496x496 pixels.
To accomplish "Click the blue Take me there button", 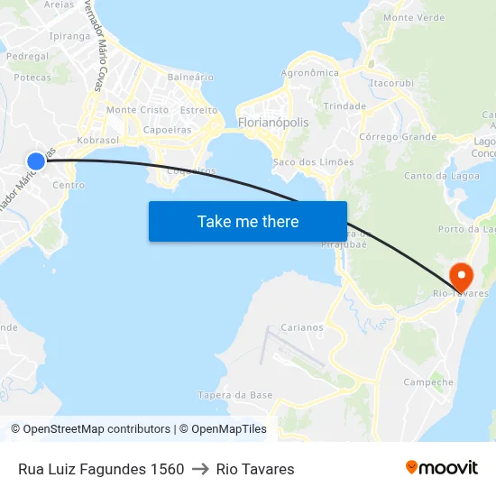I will click(248, 221).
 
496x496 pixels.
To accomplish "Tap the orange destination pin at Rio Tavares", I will click(460, 275).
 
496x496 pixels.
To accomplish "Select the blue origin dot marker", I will click(36, 161).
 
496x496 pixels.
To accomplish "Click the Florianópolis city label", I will click(272, 123).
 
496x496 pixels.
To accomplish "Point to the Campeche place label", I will click(428, 382).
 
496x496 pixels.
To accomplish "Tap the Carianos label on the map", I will click(302, 328).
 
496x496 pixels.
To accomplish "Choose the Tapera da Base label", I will click(235, 395).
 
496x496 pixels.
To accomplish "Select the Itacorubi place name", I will click(391, 83).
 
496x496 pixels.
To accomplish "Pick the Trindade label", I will click(344, 106).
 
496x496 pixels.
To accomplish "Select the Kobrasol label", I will click(98, 142).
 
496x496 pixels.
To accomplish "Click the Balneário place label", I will click(190, 78).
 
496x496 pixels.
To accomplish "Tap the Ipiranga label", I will click(69, 36).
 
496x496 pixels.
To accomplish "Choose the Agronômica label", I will click(310, 73).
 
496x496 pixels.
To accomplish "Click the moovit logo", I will click(442, 468).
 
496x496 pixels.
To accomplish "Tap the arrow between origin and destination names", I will click(200, 469).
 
